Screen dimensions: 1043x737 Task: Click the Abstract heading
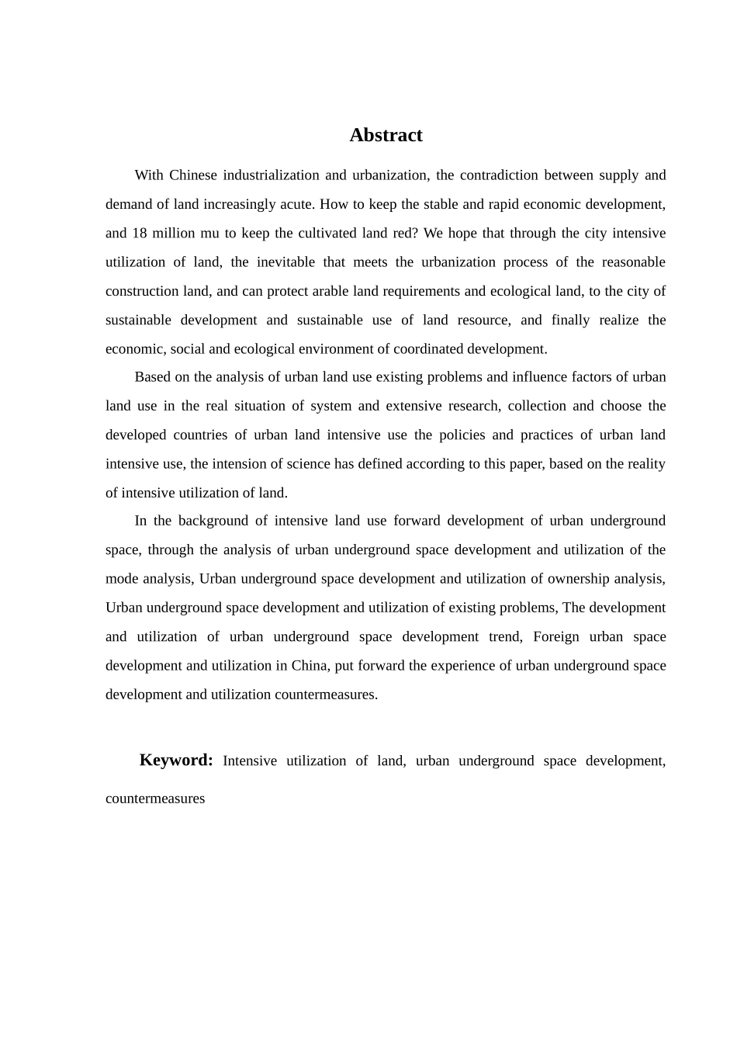pos(386,135)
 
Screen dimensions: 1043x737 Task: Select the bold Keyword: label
pos(176,760)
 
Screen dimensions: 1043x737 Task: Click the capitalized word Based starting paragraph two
pos(153,377)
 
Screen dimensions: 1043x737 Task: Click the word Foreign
pos(556,637)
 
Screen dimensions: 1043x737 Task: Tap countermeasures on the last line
pos(155,799)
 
